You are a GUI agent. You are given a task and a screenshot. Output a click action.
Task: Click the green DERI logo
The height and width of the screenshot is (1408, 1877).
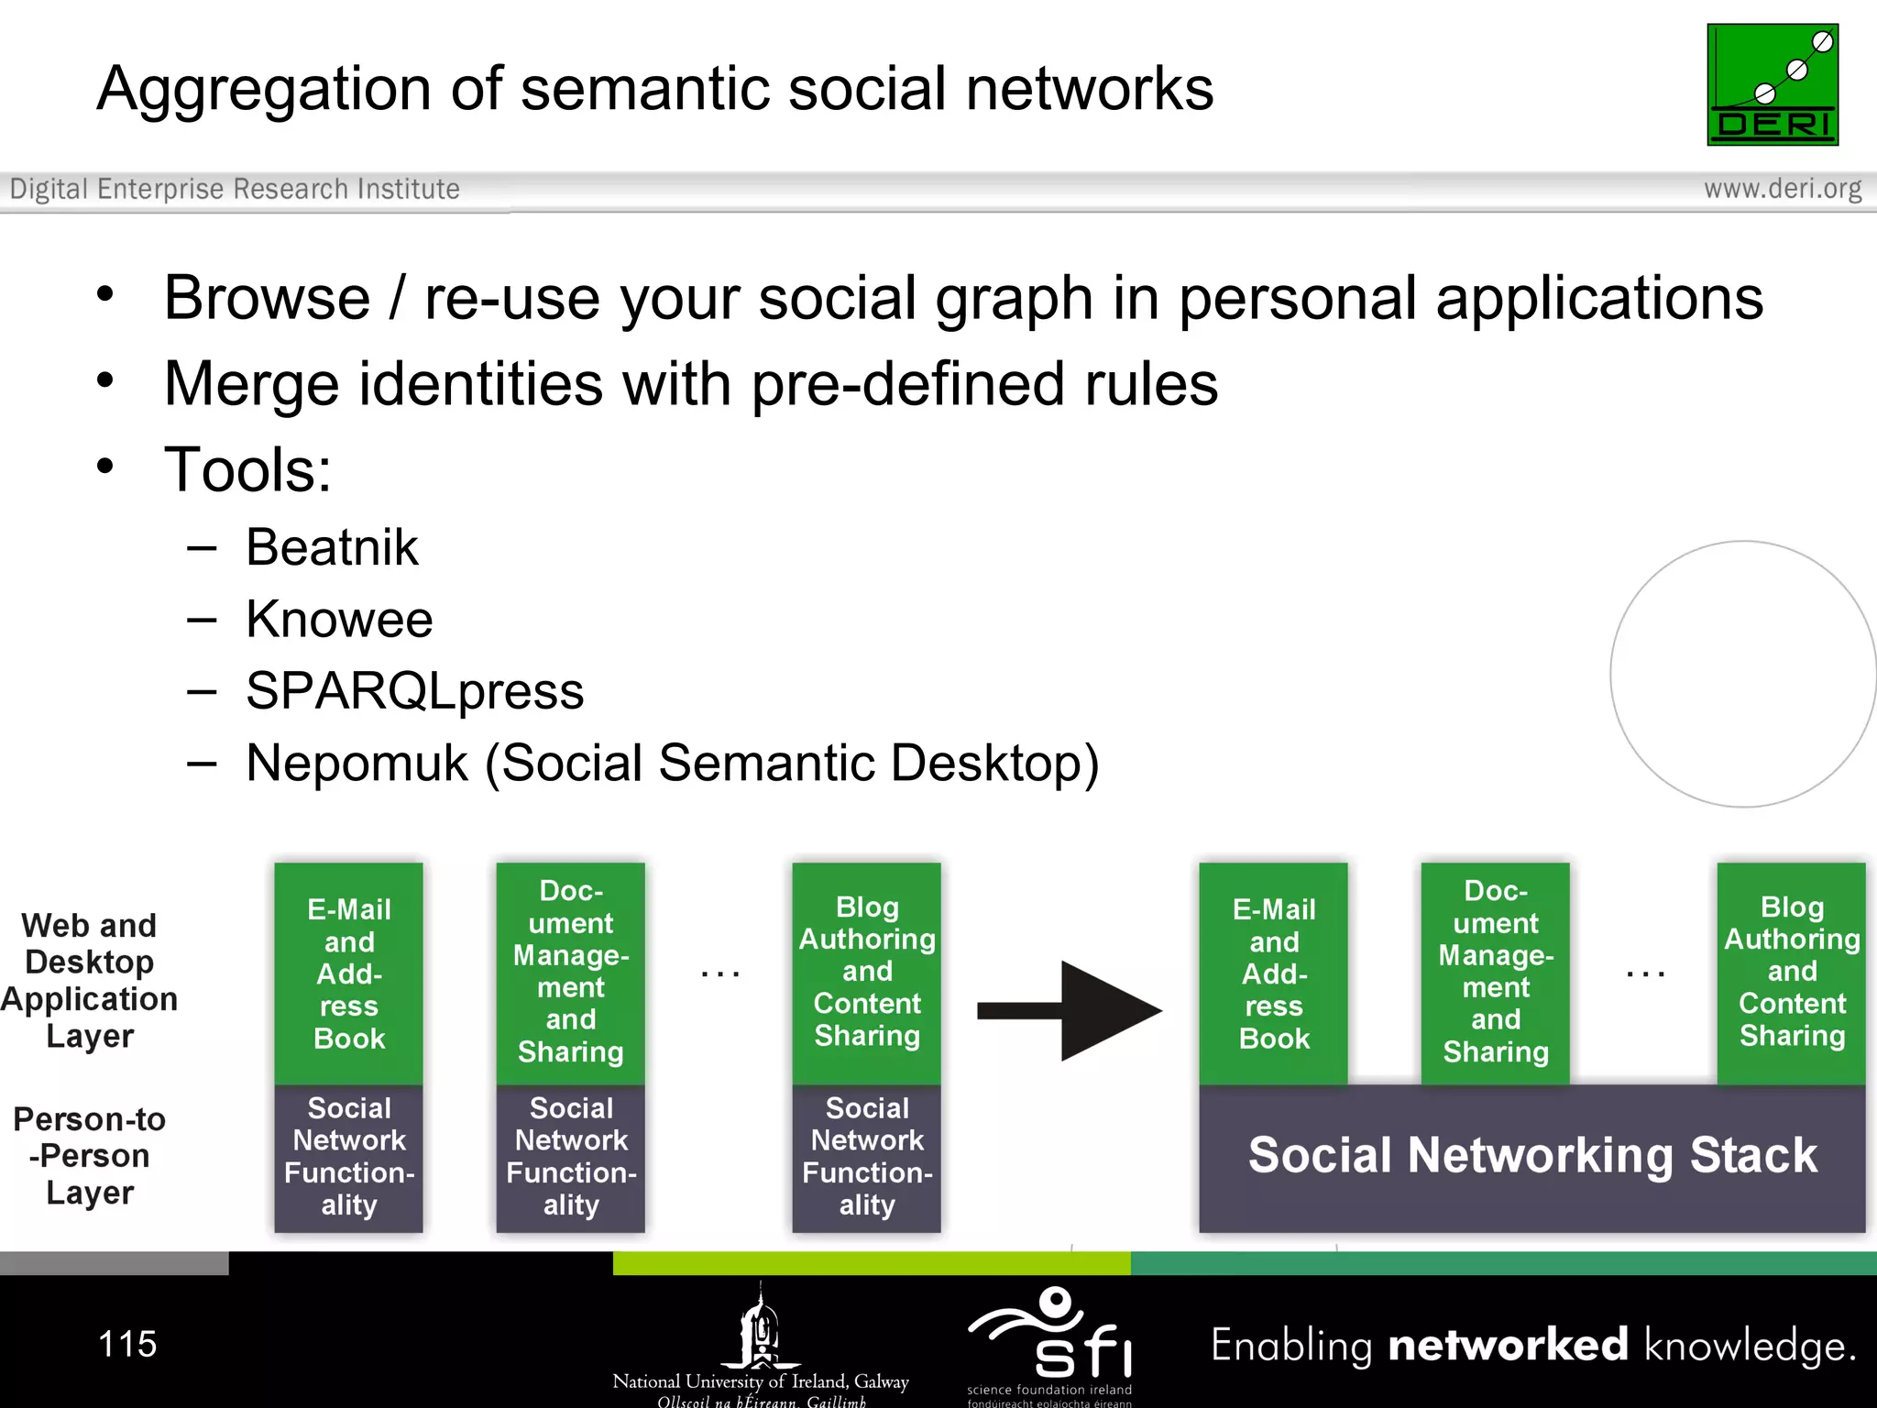click(x=1772, y=84)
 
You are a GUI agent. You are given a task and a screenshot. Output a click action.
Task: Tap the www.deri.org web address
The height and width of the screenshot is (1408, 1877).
click(x=1782, y=189)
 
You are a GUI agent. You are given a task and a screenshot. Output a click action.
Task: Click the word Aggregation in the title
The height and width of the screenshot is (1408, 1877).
click(x=264, y=90)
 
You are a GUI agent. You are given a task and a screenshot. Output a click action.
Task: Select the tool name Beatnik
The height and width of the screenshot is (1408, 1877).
click(x=332, y=548)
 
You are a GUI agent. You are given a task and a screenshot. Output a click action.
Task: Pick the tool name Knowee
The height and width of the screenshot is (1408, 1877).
click(x=339, y=620)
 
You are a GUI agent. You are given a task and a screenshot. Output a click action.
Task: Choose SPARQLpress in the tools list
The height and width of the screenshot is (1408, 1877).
click(x=414, y=691)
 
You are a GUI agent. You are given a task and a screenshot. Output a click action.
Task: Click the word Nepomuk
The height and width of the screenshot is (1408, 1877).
click(x=357, y=763)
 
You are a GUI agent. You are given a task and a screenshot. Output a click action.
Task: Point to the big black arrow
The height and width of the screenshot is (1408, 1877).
click(x=1072, y=1010)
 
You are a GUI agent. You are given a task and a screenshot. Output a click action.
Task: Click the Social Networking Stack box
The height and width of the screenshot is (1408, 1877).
click(x=1531, y=1157)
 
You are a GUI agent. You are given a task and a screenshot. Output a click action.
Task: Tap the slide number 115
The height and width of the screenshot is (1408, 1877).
click(x=127, y=1345)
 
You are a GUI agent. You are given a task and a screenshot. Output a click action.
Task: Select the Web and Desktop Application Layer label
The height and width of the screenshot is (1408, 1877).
click(x=90, y=980)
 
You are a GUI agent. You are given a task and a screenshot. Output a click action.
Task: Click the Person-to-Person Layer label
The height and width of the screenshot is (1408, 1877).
click(x=90, y=1156)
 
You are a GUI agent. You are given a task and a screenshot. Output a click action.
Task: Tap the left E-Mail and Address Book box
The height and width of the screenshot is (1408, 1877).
click(x=349, y=973)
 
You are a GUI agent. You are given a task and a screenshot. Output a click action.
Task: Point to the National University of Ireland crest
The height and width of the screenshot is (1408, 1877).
click(x=761, y=1329)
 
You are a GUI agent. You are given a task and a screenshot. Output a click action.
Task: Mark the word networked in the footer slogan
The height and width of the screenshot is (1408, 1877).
click(x=1508, y=1346)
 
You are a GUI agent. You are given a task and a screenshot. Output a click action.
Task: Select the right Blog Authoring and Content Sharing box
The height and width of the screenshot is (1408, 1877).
click(x=1791, y=972)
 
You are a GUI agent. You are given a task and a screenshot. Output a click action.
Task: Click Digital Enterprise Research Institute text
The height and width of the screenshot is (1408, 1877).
click(x=235, y=189)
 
